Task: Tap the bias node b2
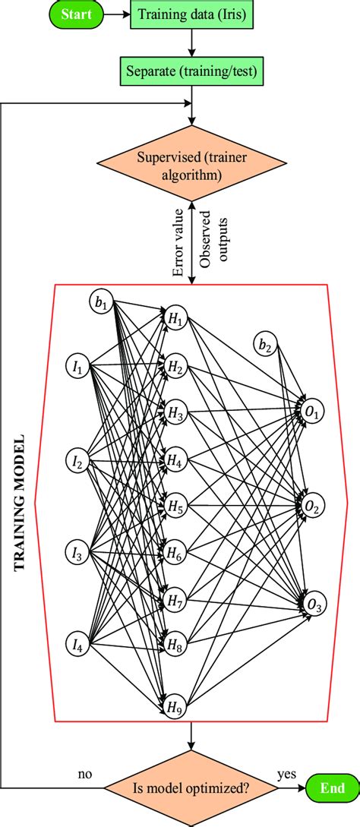[264, 346]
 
